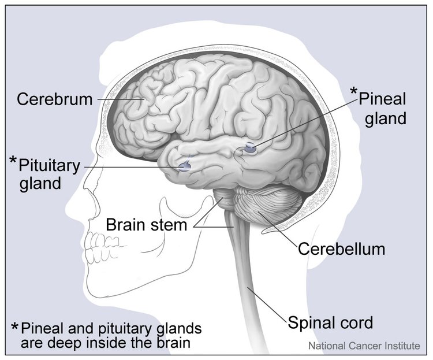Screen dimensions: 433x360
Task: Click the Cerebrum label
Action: (x=54, y=99)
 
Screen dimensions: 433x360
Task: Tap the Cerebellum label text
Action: (x=341, y=249)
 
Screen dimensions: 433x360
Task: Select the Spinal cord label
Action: (x=330, y=322)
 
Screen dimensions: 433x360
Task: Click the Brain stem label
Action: (x=147, y=225)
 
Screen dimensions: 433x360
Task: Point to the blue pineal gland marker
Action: (x=251, y=148)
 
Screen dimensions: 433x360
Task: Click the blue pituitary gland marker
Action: (x=184, y=166)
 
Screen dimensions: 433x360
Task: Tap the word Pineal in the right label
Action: (x=382, y=99)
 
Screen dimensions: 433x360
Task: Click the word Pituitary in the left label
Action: (x=50, y=166)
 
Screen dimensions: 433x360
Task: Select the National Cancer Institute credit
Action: (x=364, y=346)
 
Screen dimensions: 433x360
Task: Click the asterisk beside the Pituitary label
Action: (x=13, y=161)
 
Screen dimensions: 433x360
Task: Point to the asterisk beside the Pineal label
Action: (x=354, y=91)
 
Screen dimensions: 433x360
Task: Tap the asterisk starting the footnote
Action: (x=14, y=327)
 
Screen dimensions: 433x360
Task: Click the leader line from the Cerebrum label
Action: (x=121, y=99)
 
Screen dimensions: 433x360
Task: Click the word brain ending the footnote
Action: (x=174, y=343)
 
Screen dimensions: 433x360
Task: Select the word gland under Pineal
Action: (x=386, y=119)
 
